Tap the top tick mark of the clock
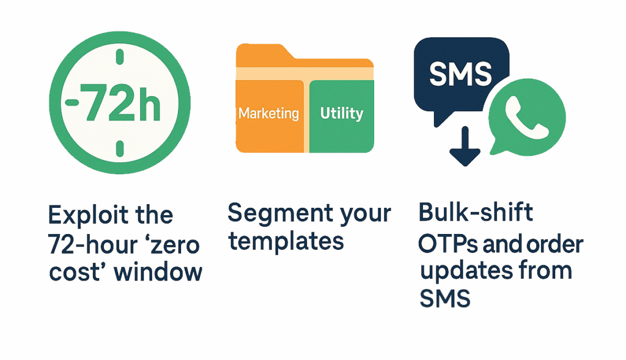click(119, 57)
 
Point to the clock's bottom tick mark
click(119, 149)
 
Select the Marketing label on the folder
click(269, 113)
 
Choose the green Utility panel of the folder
click(342, 116)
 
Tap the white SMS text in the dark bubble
click(460, 74)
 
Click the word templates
click(286, 241)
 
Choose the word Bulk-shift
click(476, 211)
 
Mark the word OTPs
click(447, 244)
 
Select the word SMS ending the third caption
click(445, 298)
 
